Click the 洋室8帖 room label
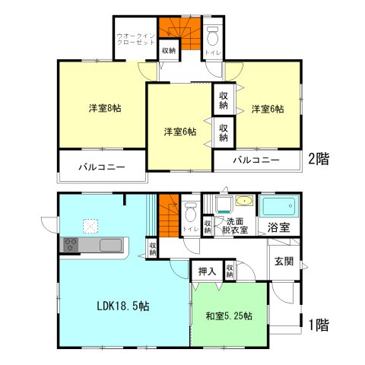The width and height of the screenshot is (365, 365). coord(103,108)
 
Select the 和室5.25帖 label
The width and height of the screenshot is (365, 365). coord(229,316)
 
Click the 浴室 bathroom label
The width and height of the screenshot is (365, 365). coord(278,227)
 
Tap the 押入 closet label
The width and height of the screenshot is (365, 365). coord(206,271)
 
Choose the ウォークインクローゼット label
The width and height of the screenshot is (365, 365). coord(135,40)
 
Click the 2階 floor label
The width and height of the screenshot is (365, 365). coord(319,160)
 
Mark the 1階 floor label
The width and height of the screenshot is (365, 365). coord(319,325)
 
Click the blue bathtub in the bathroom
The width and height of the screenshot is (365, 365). coord(280,207)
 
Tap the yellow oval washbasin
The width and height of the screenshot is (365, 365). coord(244,202)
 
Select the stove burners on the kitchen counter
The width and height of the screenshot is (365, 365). coord(70,245)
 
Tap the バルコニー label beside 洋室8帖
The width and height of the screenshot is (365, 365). coord(102,167)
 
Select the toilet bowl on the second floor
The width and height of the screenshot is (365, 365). coord(214,37)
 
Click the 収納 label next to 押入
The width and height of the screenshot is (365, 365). coord(229,271)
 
